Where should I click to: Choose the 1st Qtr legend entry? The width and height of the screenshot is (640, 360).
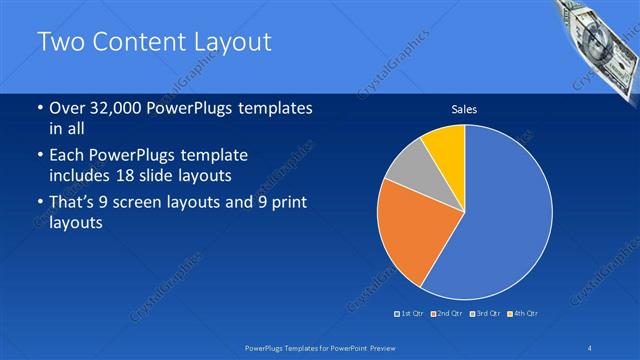click(409, 314)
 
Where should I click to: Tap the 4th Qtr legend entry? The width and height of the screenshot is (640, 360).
click(523, 314)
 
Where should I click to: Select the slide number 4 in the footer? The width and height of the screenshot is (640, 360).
click(590, 347)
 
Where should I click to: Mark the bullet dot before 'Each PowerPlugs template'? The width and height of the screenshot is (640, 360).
click(39, 156)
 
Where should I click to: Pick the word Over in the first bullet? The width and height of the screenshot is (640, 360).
click(67, 108)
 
